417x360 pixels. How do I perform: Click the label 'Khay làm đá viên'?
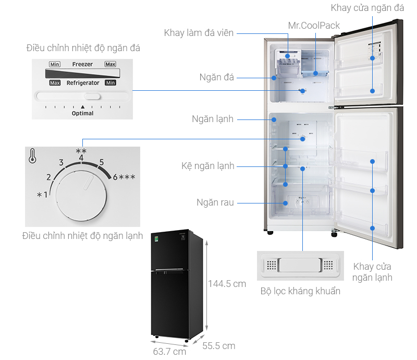(x=199, y=33)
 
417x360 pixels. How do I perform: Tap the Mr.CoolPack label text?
(x=313, y=26)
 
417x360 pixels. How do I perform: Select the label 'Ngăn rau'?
(x=215, y=202)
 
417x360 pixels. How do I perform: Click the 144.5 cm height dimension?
(x=227, y=284)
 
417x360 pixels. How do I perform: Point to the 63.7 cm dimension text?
(x=169, y=351)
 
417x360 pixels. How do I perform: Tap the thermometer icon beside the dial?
(x=33, y=155)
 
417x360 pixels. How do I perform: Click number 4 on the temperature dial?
(x=81, y=158)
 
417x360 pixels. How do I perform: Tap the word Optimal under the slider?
(x=82, y=113)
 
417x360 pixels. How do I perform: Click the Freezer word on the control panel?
(x=82, y=64)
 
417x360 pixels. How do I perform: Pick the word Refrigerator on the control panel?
(x=83, y=83)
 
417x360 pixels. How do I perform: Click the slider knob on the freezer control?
(x=93, y=96)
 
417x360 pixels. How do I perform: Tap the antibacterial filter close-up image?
(x=300, y=265)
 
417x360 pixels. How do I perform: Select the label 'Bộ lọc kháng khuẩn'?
(x=300, y=291)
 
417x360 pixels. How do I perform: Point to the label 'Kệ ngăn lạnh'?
(x=208, y=166)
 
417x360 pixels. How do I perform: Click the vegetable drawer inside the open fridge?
(x=301, y=201)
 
